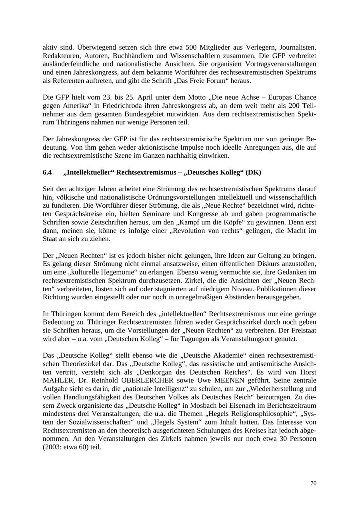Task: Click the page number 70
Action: [x=313, y=483]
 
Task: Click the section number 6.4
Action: [x=47, y=172]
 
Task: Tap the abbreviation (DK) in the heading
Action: [x=254, y=172]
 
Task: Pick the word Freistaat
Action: [x=302, y=330]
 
